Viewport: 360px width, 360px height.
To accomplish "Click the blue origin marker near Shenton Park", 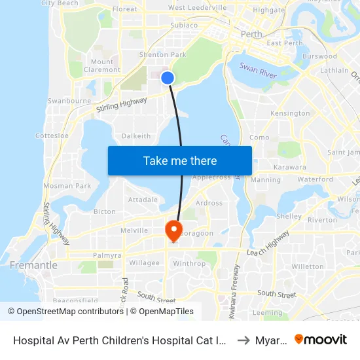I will click(168, 78).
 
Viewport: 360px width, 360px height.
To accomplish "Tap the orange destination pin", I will click(173, 230).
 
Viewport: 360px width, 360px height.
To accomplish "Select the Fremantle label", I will click(33, 266).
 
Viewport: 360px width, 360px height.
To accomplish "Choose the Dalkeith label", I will click(136, 136).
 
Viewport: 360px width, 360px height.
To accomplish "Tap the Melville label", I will click(135, 230).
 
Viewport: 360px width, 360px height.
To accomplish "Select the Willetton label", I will click(308, 266).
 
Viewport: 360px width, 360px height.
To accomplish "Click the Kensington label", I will click(290, 113).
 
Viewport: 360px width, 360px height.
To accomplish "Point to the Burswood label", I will click(319, 57).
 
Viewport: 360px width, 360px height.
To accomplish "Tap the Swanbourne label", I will click(69, 101).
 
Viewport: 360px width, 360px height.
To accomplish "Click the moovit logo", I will click(321, 339).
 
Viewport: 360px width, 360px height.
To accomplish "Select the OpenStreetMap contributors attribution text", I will click(65, 312).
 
